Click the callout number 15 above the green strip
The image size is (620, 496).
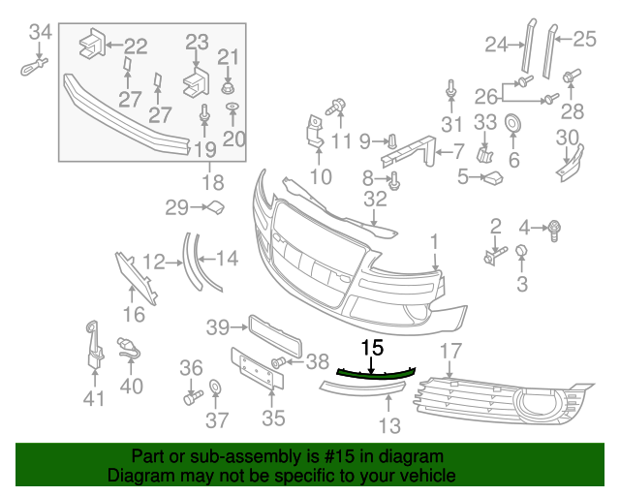[372, 347]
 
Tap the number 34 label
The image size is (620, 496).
[40, 32]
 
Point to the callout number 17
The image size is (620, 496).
[451, 350]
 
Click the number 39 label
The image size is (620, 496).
[217, 328]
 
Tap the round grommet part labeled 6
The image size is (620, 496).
[512, 124]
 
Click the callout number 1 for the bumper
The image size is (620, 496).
[435, 239]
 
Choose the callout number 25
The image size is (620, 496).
[584, 40]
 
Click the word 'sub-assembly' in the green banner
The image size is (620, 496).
[226, 456]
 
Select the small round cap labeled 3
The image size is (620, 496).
[521, 253]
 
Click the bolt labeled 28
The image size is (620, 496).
[571, 76]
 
